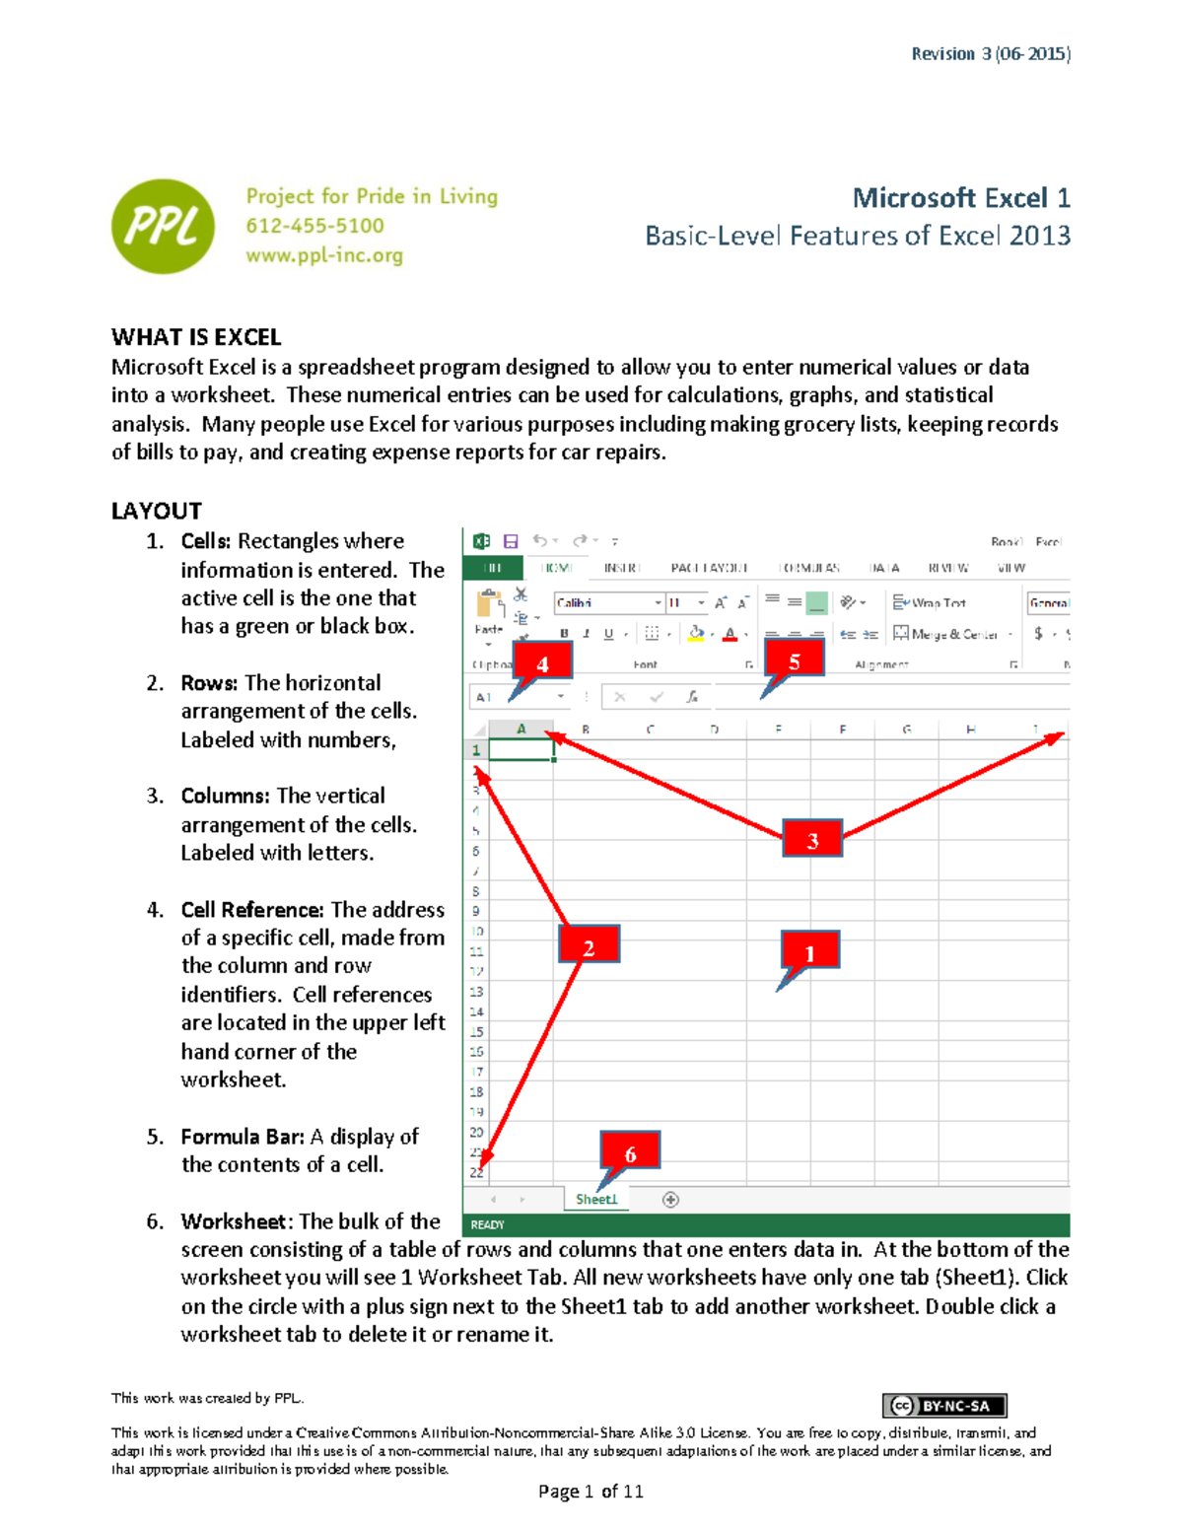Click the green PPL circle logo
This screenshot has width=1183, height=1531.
pos(163,226)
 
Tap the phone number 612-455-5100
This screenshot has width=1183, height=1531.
pos(314,226)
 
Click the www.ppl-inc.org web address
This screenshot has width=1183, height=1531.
pos(324,255)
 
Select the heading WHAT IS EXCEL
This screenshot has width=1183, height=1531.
pos(196,337)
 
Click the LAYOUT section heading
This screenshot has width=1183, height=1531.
pos(156,511)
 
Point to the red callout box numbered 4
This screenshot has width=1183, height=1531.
pos(542,663)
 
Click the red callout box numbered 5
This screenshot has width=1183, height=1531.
pos(795,661)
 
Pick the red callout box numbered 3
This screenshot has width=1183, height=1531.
pos(812,840)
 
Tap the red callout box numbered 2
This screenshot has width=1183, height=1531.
pos(589,947)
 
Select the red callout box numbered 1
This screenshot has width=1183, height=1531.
pos(809,952)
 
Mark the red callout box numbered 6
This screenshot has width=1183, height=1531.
pos(630,1152)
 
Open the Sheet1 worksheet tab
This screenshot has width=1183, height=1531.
pos(595,1199)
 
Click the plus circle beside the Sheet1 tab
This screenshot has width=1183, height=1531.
pos(670,1199)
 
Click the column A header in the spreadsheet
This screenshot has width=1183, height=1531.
pos(521,730)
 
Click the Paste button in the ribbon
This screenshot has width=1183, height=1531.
pos(489,611)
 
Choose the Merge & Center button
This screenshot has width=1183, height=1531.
pos(945,634)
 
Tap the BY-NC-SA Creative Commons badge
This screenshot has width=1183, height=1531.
pos(944,1406)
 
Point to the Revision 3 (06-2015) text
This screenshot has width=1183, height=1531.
pos(990,53)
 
